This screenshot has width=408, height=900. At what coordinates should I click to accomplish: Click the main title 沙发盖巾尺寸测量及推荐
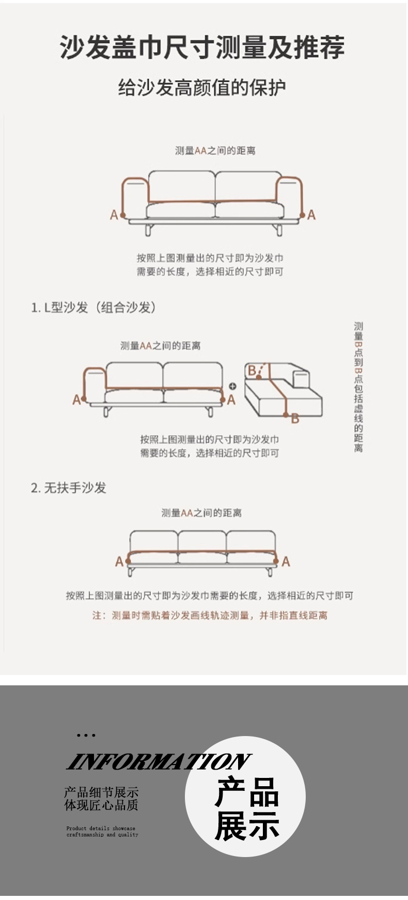(202, 48)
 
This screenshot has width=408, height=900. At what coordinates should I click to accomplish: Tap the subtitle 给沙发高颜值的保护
(202, 87)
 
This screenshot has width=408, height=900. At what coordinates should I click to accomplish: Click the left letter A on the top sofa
(114, 215)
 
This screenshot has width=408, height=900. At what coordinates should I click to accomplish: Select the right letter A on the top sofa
(311, 215)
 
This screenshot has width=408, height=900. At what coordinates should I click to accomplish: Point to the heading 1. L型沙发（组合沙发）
(93, 307)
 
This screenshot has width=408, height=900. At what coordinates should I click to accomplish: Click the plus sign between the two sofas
(232, 386)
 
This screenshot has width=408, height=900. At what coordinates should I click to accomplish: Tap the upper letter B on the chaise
(252, 370)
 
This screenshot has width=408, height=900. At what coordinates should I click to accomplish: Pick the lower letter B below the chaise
(295, 418)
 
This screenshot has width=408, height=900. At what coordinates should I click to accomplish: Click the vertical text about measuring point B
(358, 387)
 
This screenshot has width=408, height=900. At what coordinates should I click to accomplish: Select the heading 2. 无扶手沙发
(68, 488)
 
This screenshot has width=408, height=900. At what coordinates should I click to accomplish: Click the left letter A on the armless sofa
(119, 561)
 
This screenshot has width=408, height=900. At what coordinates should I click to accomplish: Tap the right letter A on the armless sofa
(286, 561)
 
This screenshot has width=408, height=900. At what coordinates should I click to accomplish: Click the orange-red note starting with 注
(210, 616)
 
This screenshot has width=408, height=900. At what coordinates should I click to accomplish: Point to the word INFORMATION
(159, 761)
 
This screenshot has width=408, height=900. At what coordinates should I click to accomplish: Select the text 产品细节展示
(101, 792)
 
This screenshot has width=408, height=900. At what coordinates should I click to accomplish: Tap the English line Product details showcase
(101, 828)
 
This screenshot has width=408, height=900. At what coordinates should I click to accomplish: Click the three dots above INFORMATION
(86, 735)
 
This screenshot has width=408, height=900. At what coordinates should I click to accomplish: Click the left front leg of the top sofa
(148, 230)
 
